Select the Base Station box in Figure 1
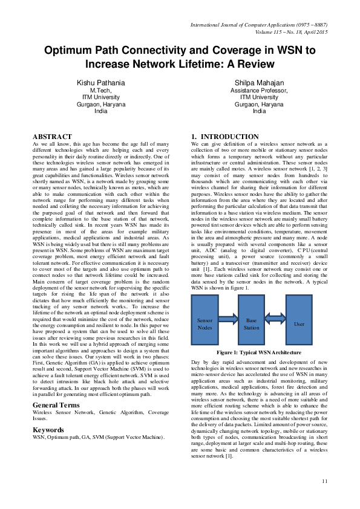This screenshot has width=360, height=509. click(x=252, y=323)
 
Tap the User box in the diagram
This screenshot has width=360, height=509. click(x=298, y=323)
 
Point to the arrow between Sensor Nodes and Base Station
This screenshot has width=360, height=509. click(x=228, y=320)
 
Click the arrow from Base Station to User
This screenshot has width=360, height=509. click(x=275, y=320)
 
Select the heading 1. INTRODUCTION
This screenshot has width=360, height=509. click(x=225, y=137)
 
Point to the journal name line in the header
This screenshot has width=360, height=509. click(x=260, y=24)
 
